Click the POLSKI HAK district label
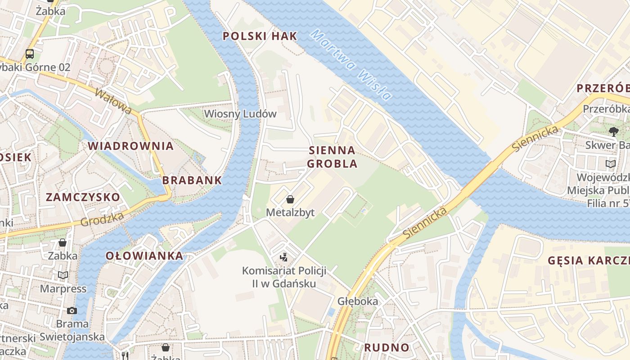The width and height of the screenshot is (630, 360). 260,36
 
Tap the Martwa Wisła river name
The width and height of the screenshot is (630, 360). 351,65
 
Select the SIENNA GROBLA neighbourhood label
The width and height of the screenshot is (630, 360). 333,157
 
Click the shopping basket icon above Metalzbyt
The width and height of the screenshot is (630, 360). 290,199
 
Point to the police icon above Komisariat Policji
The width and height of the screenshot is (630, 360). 283,258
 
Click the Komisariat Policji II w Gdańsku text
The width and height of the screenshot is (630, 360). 284,277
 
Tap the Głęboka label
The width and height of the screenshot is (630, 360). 358,301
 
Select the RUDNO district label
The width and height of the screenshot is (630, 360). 387,347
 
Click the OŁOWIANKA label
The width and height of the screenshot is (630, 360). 144,256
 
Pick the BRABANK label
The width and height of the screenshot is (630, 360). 192,180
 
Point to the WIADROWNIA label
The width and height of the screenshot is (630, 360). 130,146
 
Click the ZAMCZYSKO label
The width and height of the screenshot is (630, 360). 83,197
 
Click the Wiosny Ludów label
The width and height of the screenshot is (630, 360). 240,114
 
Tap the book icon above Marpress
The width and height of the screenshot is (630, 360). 63,275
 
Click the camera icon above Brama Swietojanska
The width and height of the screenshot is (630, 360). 72,310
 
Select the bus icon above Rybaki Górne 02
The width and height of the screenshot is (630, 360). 30,54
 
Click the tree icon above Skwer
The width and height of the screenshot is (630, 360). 613,132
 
